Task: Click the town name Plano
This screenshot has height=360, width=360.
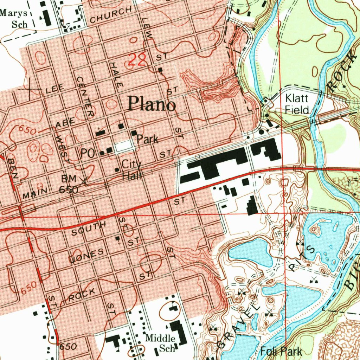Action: tap(152, 104)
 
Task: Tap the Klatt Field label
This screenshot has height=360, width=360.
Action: tap(297, 104)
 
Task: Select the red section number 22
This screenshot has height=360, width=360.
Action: tap(136, 60)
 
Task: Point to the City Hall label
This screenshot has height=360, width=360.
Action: tap(131, 169)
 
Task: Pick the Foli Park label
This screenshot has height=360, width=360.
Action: tap(281, 351)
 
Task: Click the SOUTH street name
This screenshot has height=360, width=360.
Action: tap(88, 229)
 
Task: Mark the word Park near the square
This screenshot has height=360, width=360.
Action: tap(147, 139)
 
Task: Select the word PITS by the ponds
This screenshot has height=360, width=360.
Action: tap(302, 258)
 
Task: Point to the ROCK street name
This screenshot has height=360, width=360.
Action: tap(82, 295)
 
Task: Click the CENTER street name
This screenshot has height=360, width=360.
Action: tap(85, 96)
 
